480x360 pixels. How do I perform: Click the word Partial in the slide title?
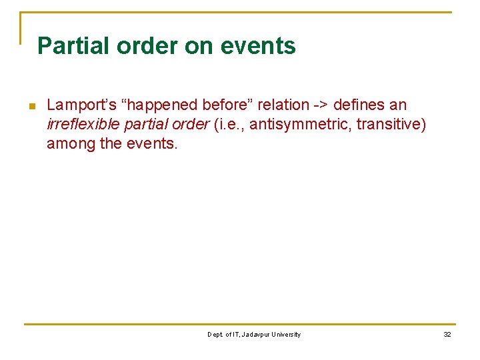coord(73,46)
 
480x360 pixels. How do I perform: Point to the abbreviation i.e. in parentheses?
coord(229,124)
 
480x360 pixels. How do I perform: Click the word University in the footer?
coord(285,335)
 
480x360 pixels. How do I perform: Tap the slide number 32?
coord(447,335)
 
